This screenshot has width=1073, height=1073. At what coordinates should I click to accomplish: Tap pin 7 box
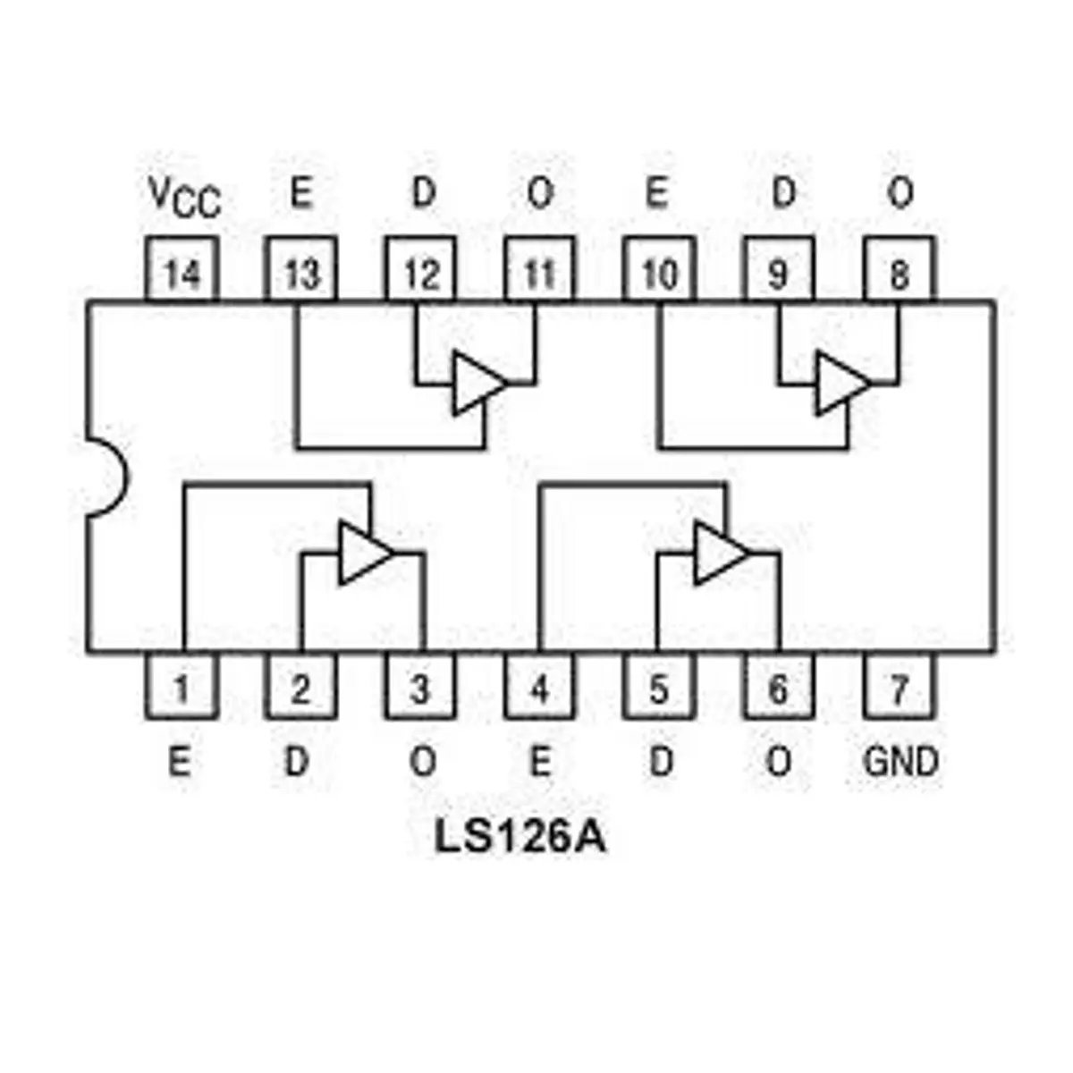click(x=900, y=685)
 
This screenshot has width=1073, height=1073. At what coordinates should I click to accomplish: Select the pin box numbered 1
click(x=182, y=685)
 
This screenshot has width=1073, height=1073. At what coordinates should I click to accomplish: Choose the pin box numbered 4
click(x=540, y=685)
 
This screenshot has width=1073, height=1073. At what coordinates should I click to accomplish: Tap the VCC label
click(x=185, y=197)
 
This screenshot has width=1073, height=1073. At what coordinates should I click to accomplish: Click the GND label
click(x=900, y=761)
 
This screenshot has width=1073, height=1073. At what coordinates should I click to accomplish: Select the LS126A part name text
click(x=520, y=852)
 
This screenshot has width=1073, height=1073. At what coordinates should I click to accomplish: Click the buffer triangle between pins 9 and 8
click(x=842, y=383)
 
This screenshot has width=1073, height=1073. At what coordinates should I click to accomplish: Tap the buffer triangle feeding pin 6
click(x=720, y=553)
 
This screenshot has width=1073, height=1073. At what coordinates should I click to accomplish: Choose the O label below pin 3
click(x=423, y=761)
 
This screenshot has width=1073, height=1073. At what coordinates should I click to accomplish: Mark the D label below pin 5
click(x=661, y=761)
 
